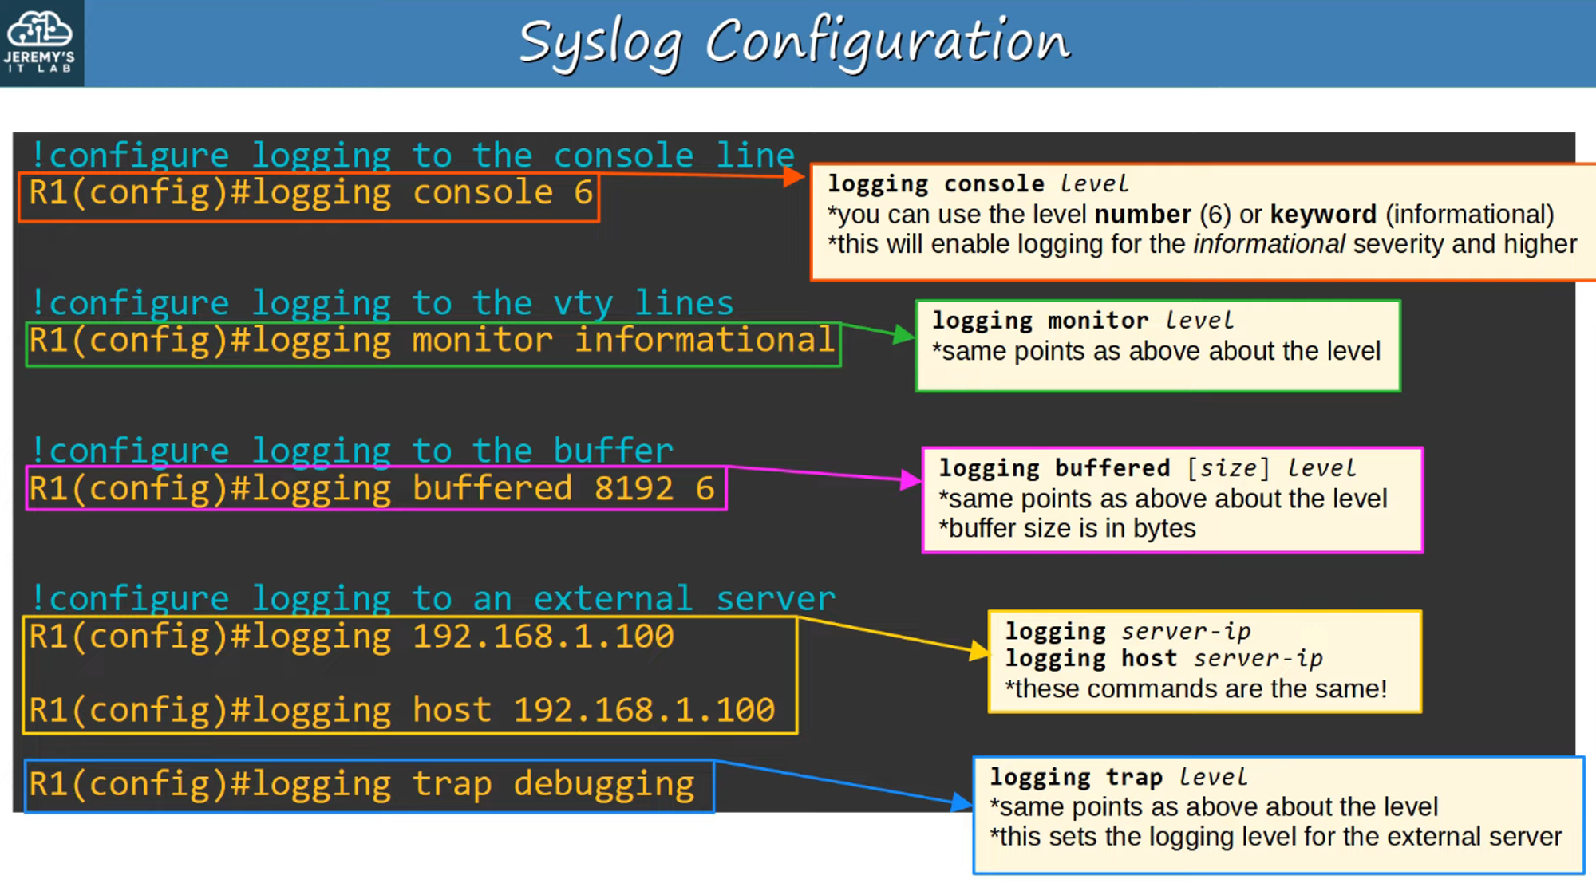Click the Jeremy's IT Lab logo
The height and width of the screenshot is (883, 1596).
[x=40, y=41]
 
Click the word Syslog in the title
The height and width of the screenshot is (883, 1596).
[x=600, y=44]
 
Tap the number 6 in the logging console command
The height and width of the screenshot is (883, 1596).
[x=583, y=192]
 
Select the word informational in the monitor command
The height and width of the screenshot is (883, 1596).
[x=705, y=341]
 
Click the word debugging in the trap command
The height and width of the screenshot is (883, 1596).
[x=604, y=785]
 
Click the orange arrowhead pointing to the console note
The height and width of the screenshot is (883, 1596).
[x=794, y=176]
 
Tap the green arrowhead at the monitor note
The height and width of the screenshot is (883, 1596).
[x=903, y=334]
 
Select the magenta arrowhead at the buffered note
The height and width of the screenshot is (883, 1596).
[x=911, y=479]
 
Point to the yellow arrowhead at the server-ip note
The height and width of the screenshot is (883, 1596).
[x=978, y=651]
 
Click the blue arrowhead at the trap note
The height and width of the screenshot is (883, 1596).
[x=962, y=802]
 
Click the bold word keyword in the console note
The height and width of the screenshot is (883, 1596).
[x=1323, y=214]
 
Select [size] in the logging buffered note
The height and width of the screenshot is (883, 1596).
[x=1228, y=468]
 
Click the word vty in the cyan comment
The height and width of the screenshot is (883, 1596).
[x=583, y=304]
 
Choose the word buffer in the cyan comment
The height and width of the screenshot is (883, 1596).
[x=613, y=451]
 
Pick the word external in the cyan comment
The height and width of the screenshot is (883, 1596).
[x=613, y=598]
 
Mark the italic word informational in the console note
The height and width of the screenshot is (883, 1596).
[x=1269, y=244]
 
